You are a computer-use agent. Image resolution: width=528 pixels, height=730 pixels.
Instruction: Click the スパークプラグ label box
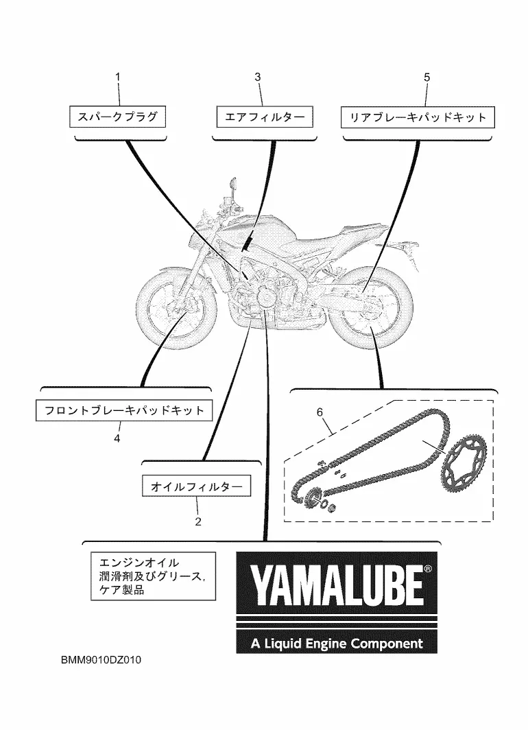click(x=118, y=117)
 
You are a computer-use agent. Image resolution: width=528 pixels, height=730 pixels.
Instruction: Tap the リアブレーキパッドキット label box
click(x=418, y=117)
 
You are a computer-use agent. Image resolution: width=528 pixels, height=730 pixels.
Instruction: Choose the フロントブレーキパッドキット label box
click(x=124, y=411)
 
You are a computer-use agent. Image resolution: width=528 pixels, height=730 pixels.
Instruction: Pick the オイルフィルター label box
click(x=196, y=486)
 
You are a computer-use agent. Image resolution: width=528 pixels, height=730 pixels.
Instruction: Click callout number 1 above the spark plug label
click(x=117, y=78)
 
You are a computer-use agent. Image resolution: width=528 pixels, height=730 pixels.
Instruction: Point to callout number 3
click(x=258, y=78)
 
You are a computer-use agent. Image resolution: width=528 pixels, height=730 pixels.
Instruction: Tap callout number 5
click(x=427, y=78)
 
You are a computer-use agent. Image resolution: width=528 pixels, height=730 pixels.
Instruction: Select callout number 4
click(x=117, y=437)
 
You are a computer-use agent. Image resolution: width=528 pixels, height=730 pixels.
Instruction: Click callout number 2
click(x=197, y=521)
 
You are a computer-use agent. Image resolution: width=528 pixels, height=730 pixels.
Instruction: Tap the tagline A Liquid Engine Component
click(x=336, y=644)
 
